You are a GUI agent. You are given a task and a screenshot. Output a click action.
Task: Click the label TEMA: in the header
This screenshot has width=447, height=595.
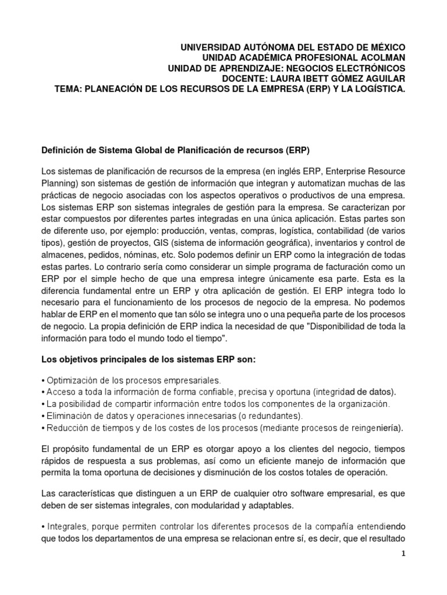(x=69, y=89)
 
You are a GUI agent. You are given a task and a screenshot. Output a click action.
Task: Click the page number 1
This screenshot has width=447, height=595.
(x=402, y=554)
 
